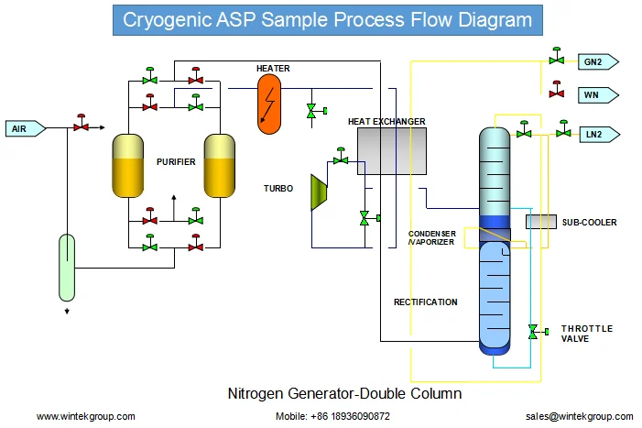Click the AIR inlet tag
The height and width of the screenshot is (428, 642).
26,128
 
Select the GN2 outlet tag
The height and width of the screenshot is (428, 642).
598,61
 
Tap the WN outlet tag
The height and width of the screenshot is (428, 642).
598,95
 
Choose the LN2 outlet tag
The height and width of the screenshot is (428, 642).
600,135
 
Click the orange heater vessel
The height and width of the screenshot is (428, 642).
269,104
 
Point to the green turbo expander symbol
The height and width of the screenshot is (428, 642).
319,192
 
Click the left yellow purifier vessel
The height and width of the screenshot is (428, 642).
127,166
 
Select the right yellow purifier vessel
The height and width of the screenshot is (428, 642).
220,166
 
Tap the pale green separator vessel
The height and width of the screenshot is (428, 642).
67,268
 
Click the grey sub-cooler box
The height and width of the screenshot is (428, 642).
541,222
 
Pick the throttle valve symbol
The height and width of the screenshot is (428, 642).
538,332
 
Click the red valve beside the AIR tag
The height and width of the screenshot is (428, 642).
82,124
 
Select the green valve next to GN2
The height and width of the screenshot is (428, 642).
557,56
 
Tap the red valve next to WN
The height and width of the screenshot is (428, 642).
557,90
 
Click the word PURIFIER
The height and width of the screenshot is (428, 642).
176,162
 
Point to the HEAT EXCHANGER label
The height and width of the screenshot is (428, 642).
386,122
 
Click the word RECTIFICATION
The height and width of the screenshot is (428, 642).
426,302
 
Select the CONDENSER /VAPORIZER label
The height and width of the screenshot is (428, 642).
431,238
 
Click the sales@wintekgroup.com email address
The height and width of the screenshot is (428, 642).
580,416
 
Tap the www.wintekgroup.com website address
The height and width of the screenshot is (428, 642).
85,416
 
